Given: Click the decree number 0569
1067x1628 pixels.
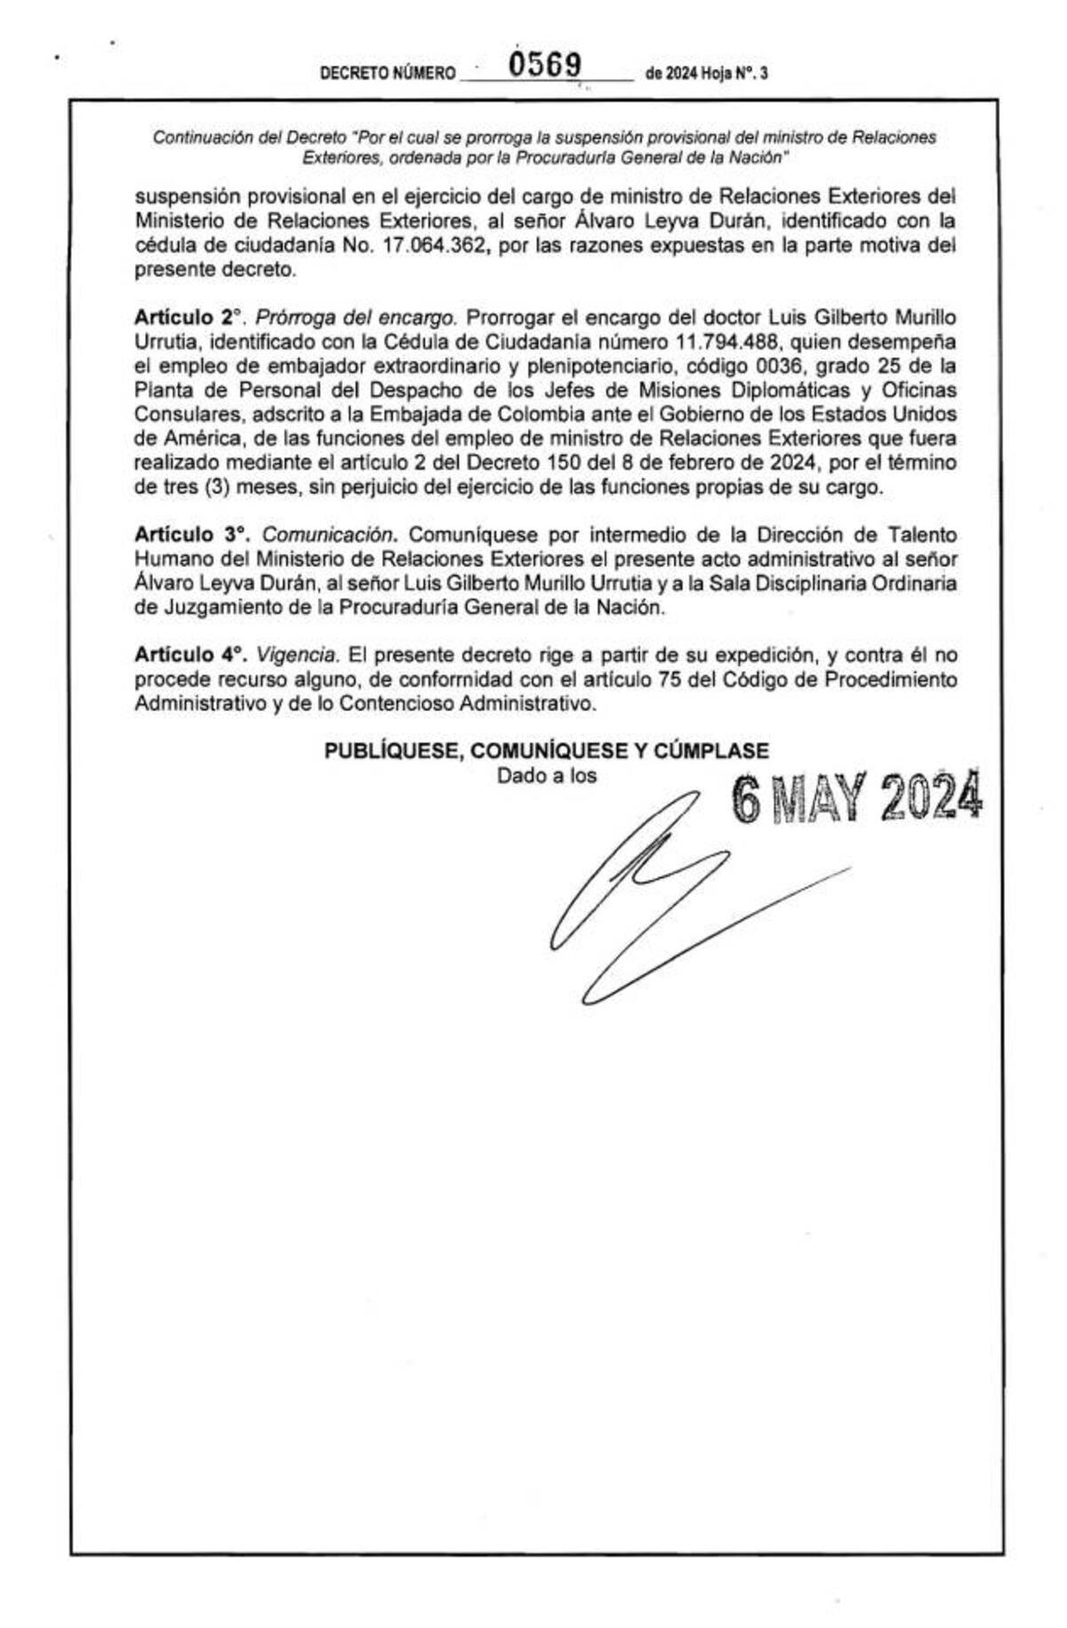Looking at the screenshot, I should [544, 65].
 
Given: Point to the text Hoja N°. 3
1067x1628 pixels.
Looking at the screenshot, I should [734, 74].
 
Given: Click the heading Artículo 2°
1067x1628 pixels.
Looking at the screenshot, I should [188, 318].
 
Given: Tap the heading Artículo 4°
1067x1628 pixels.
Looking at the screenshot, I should [190, 655].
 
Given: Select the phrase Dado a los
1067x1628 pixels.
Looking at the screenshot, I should [546, 775].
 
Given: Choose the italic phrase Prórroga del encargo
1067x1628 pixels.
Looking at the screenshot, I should [357, 318].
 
